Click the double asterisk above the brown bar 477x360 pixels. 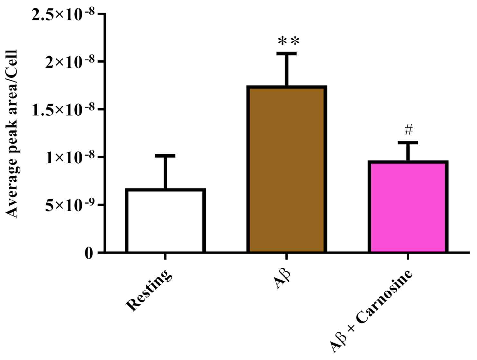[x=289, y=42]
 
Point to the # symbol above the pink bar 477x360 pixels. [x=408, y=130]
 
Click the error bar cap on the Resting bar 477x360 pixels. [x=165, y=156]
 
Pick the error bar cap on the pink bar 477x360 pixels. [x=408, y=143]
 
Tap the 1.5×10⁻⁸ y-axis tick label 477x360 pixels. [x=63, y=110]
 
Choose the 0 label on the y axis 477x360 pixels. [x=89, y=253]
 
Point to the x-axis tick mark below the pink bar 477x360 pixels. [x=408, y=256]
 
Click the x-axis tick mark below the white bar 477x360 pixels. [x=165, y=256]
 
